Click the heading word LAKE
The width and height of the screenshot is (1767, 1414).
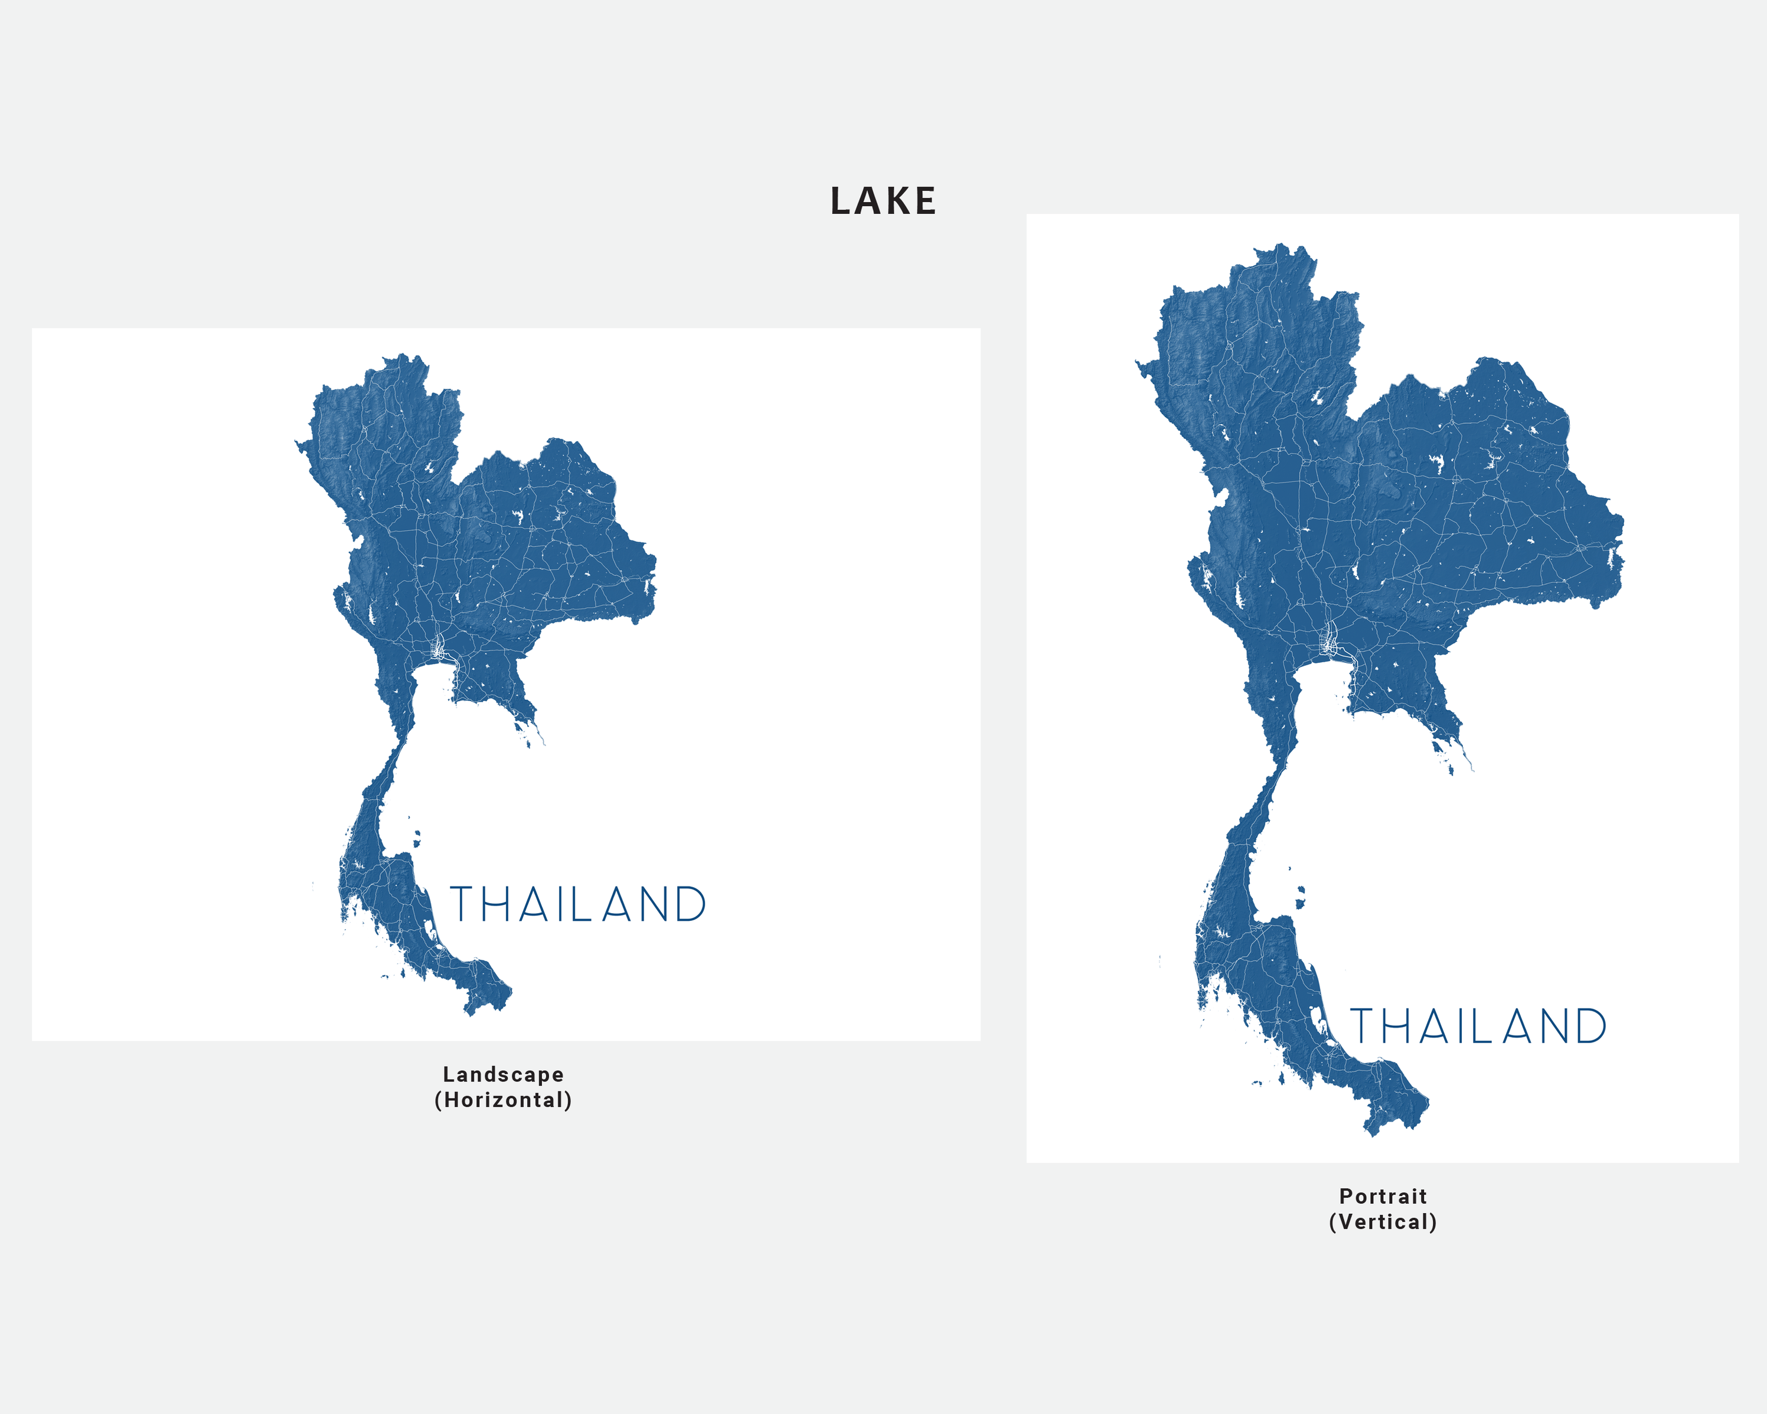pyautogui.click(x=883, y=201)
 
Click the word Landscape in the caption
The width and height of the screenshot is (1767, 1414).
pyautogui.click(x=503, y=1074)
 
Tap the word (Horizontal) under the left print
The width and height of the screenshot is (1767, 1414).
pyautogui.click(x=503, y=1100)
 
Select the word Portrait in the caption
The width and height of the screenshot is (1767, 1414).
pyautogui.click(x=1383, y=1196)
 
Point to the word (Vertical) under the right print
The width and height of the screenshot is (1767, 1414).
pyautogui.click(x=1383, y=1222)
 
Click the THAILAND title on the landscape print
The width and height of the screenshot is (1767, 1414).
pyautogui.click(x=578, y=905)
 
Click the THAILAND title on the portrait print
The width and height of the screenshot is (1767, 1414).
pyautogui.click(x=1478, y=1027)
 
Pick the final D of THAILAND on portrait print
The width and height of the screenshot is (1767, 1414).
pyautogui.click(x=1590, y=1027)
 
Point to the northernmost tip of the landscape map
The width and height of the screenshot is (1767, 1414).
pyautogui.click(x=403, y=356)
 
